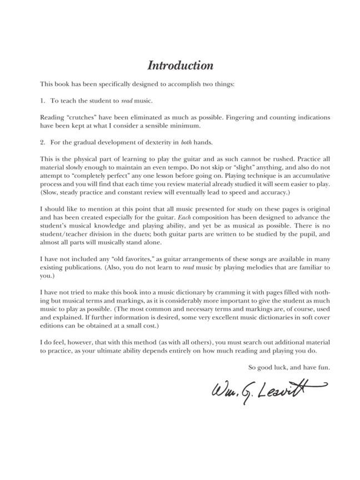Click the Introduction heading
180,66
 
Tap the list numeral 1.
42,101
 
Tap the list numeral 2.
42,142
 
